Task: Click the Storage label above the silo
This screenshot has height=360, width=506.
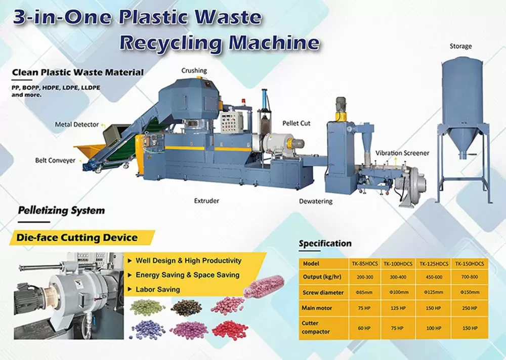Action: tap(460, 46)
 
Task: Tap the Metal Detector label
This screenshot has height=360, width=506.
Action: tap(77, 124)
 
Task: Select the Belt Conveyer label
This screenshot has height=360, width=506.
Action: tap(55, 161)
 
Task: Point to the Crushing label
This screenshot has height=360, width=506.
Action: tap(194, 70)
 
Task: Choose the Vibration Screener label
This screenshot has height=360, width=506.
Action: tap(402, 153)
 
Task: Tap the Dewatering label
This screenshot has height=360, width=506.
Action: tap(315, 201)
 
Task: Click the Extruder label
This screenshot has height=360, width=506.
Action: tap(206, 201)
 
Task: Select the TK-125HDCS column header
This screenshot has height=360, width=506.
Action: tap(435, 264)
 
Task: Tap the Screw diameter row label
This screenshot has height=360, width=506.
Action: tap(323, 293)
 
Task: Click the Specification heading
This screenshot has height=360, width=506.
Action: tap(325, 244)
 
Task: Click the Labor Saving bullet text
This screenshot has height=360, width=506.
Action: tap(157, 290)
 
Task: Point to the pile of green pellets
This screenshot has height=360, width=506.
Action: tap(145, 307)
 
